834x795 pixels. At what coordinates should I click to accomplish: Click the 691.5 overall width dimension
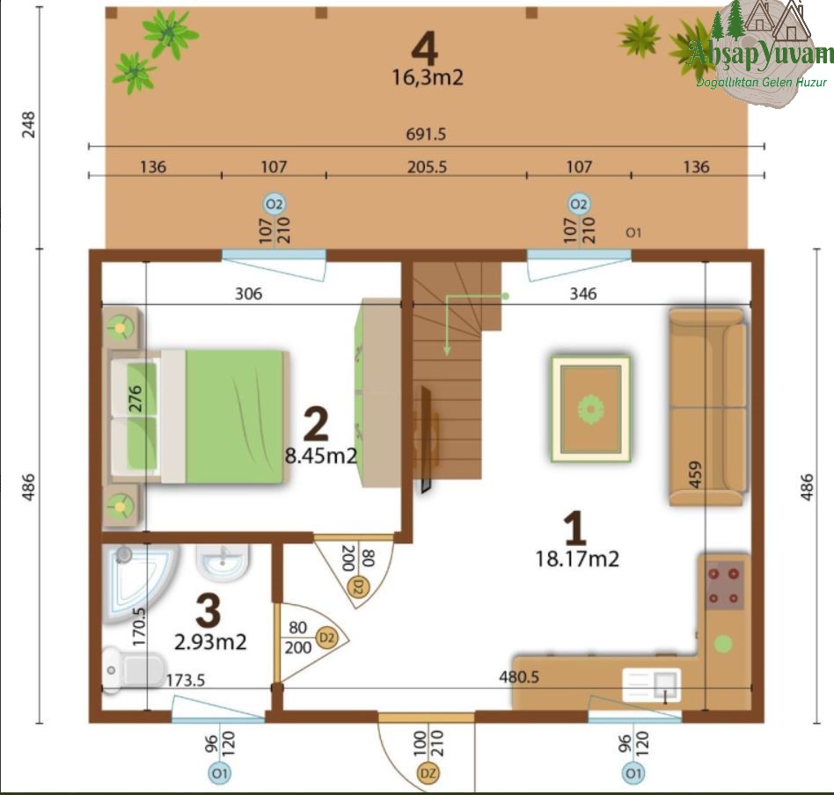click(426, 134)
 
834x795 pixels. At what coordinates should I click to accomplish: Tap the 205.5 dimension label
click(427, 167)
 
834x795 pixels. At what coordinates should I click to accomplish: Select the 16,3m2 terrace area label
click(428, 77)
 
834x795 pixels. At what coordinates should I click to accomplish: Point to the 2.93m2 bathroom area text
click(210, 642)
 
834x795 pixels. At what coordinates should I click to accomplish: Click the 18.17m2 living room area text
click(577, 559)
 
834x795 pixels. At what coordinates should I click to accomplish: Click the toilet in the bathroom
click(134, 670)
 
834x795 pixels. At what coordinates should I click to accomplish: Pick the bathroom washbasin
click(223, 563)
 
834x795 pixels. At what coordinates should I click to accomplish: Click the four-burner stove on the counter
click(724, 586)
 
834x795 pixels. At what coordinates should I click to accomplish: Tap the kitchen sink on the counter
click(652, 684)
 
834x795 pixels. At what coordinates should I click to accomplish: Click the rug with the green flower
click(590, 408)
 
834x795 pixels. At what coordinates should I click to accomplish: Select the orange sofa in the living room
click(708, 407)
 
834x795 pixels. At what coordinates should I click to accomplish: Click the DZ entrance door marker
click(428, 773)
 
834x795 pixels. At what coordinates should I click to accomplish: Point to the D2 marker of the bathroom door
click(326, 637)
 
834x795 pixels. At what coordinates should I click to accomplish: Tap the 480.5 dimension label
click(518, 677)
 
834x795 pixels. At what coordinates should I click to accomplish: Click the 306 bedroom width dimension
click(248, 294)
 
